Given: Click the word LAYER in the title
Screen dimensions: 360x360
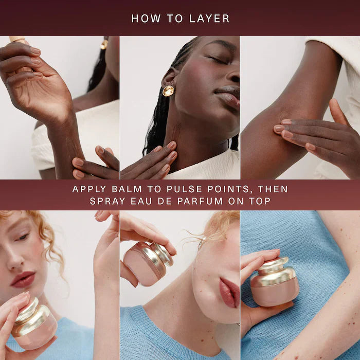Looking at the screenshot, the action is click(x=210, y=19).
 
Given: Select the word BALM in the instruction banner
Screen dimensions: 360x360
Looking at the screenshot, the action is click(x=127, y=189).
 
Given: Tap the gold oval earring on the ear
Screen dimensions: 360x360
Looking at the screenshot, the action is click(x=168, y=91).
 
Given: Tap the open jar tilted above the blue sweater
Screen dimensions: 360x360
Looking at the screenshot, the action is click(x=148, y=263).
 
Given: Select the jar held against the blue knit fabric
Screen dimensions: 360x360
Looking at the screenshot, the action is click(x=274, y=281).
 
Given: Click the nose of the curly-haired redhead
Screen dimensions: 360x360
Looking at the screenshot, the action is click(x=14, y=259).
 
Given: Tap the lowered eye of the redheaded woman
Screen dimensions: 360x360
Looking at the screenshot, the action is click(x=23, y=237).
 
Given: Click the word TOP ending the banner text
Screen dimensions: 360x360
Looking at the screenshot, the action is click(x=260, y=201).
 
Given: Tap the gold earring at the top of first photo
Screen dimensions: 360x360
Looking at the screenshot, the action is click(x=104, y=44).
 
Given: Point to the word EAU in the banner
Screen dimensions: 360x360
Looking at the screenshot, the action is click(x=141, y=201).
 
